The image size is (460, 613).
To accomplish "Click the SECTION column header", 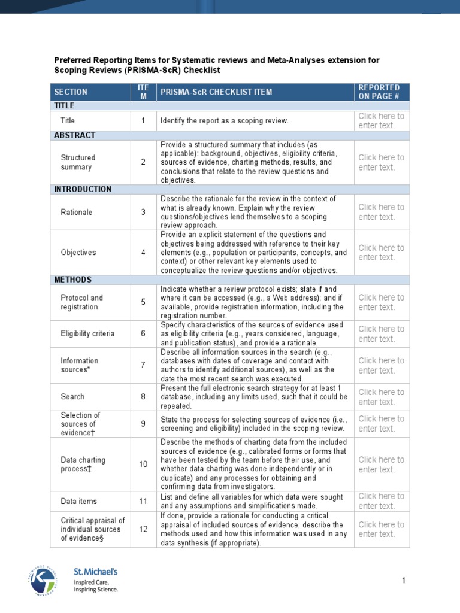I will click(x=71, y=92).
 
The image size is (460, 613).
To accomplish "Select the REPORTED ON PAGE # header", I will click(x=379, y=92).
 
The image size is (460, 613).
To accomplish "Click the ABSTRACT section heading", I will click(x=75, y=135).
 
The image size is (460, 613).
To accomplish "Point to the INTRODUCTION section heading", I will click(x=83, y=189).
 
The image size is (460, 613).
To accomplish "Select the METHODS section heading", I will click(x=73, y=280).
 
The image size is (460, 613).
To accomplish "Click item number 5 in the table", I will click(x=143, y=302).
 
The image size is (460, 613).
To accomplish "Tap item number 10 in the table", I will click(x=143, y=465).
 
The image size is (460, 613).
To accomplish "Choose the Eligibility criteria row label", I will click(x=87, y=333).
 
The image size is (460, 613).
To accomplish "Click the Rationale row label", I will click(x=77, y=212).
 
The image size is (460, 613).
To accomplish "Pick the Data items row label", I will click(x=78, y=501).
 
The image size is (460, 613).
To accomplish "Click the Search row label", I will click(x=72, y=396).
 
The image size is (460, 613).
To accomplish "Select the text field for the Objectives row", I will click(x=381, y=253).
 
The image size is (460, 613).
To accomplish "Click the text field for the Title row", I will click(x=381, y=120).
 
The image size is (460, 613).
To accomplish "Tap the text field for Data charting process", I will click(x=381, y=465).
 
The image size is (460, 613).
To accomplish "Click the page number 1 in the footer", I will click(x=404, y=581).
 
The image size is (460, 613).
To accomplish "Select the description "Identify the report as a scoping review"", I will click(x=225, y=121).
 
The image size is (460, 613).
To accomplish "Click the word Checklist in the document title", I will click(x=202, y=71).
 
